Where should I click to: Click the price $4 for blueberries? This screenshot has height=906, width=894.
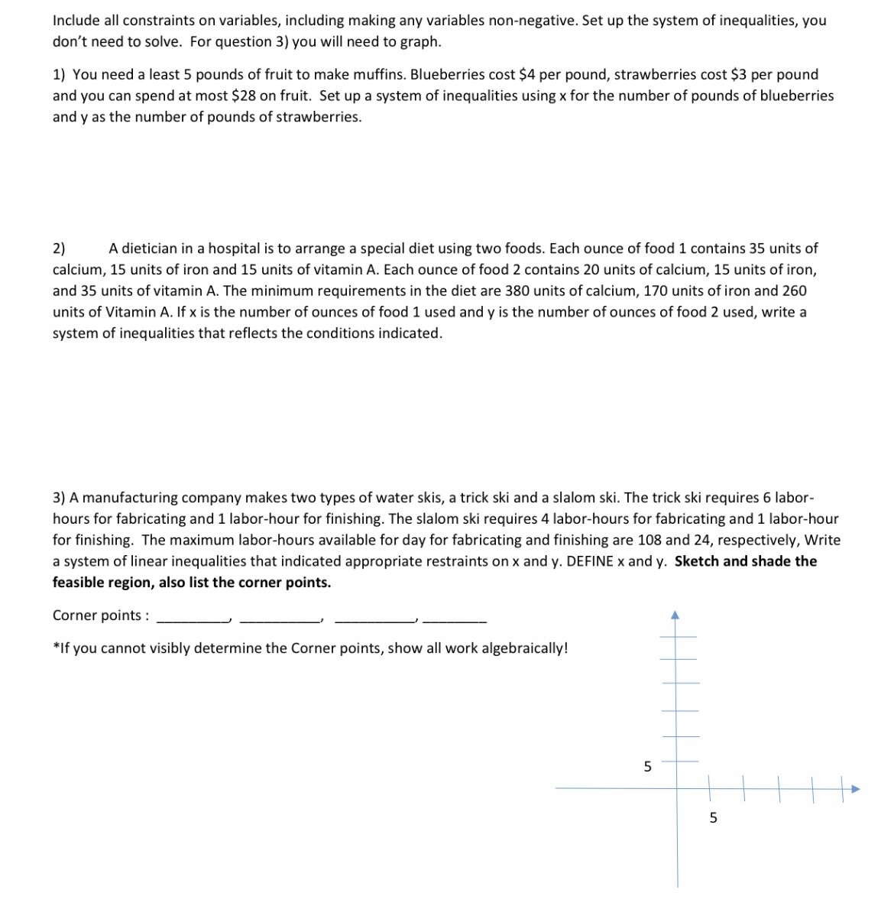527,75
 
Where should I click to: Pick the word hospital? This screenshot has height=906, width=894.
232,248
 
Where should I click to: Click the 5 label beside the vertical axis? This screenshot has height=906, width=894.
647,766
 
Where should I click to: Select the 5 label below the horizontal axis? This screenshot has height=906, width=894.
713,818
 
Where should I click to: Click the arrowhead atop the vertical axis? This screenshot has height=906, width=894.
675,614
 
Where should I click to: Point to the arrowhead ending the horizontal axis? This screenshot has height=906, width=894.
856,788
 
